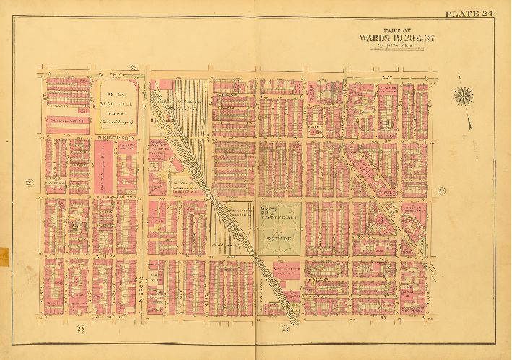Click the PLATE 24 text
pyautogui.click(x=468, y=13)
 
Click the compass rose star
pyautogui.click(x=464, y=95)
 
